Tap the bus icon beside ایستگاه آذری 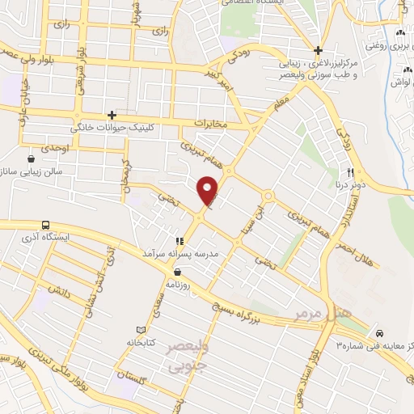(x=45, y=225)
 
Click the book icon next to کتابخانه (x=142, y=330)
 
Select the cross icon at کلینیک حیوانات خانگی (x=112, y=116)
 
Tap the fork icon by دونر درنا (x=351, y=172)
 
